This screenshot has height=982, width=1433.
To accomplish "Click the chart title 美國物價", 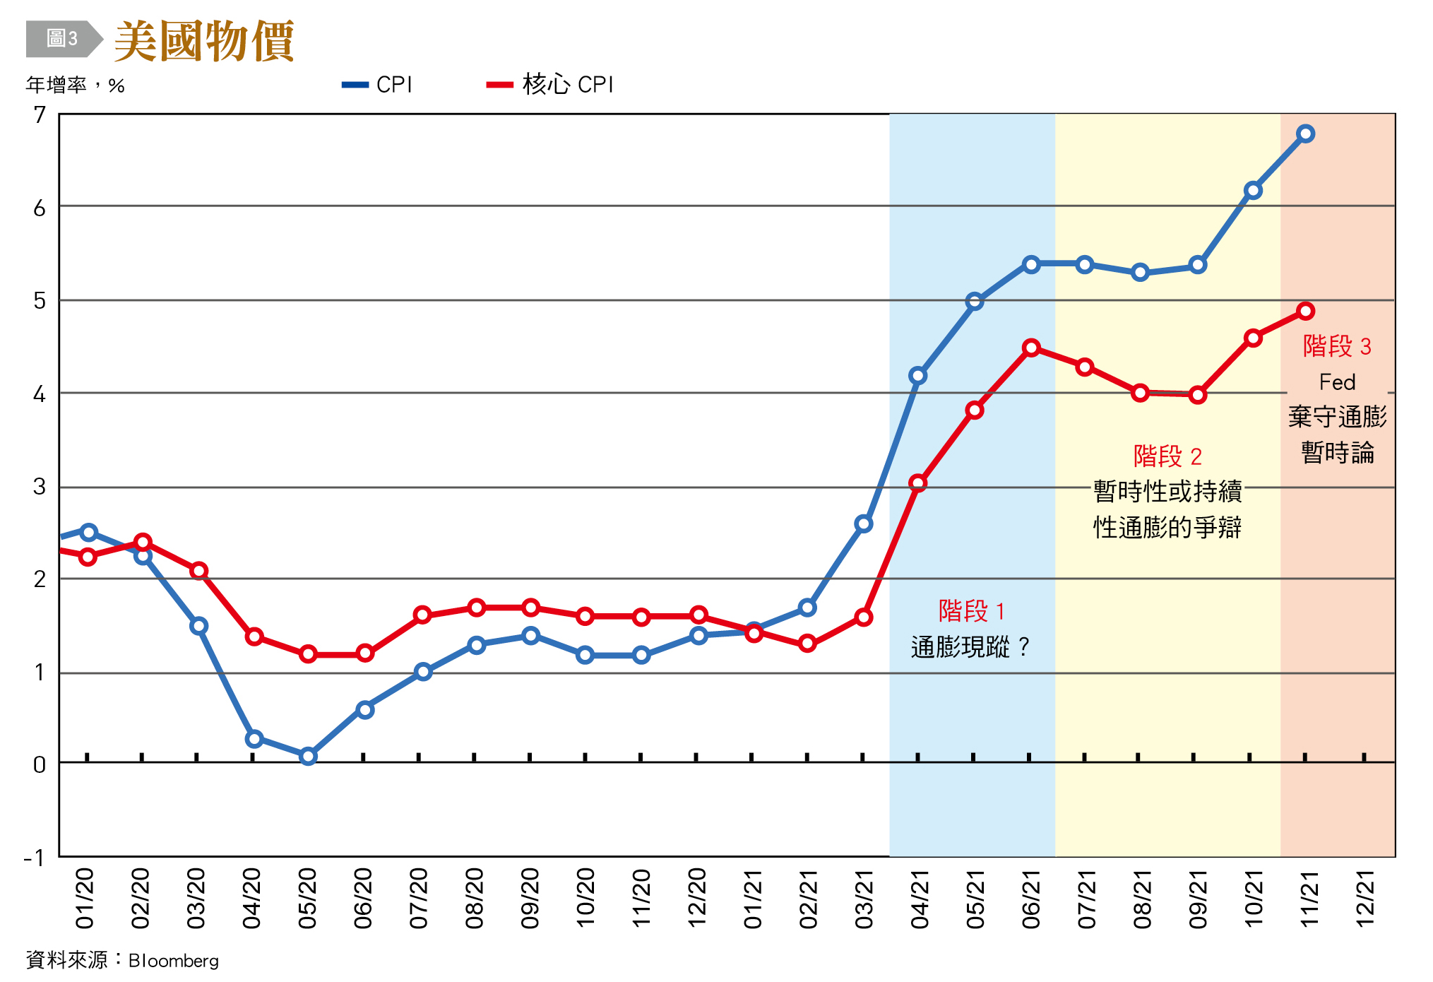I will [203, 41].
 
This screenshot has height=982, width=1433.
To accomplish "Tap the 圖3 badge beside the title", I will [61, 39].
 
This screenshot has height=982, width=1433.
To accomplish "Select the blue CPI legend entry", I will [377, 85].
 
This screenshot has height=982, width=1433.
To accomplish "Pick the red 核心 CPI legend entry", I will [550, 85].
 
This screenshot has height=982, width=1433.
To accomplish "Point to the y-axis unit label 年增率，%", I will [76, 85].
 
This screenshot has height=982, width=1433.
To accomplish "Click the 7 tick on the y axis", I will [40, 114].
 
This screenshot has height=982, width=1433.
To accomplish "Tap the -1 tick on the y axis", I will [34, 858].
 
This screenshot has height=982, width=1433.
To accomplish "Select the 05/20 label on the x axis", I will [307, 898].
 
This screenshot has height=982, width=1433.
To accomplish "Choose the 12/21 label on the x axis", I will [1364, 898].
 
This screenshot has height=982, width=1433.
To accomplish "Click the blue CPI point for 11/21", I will [1305, 134].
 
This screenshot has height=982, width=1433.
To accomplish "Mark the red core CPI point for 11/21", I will [1305, 311].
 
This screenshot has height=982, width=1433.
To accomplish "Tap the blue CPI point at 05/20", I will [308, 756].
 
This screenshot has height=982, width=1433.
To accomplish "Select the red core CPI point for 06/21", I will [1031, 348].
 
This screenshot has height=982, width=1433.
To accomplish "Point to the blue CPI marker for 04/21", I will [917, 375].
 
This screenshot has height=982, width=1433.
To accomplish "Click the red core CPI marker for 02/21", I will [807, 644].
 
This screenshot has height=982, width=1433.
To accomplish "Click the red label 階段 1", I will [971, 610].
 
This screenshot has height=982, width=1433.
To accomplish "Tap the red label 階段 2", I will [1167, 456].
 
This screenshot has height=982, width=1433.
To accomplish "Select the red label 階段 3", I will [1336, 346].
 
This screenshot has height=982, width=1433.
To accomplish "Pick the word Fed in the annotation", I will [1337, 382].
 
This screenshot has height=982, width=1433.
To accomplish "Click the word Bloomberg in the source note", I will [174, 961].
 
